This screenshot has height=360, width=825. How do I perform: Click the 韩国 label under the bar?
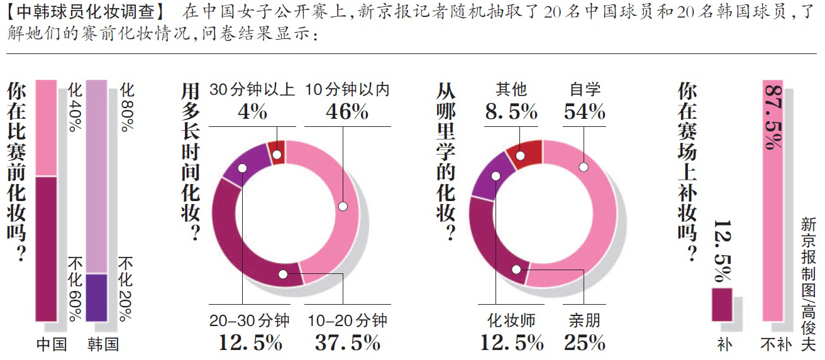pos(102,344)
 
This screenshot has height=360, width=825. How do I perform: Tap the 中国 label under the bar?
pos(51,344)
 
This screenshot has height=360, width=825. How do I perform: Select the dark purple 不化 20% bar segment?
pos(96,298)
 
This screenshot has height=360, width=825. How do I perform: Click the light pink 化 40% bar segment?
pos(46,128)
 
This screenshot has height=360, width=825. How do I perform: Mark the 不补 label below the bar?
pos(773,345)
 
